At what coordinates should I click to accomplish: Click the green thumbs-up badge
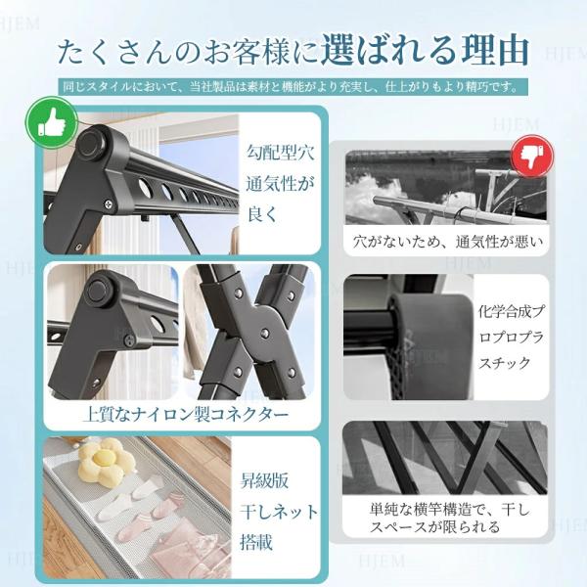click(52, 122)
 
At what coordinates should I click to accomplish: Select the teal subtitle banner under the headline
click(293, 87)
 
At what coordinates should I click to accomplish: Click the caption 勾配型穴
click(280, 152)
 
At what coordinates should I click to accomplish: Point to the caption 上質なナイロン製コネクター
click(186, 415)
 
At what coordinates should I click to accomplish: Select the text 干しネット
click(279, 512)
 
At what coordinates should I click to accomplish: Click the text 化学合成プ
click(512, 311)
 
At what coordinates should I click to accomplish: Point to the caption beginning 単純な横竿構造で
click(450, 519)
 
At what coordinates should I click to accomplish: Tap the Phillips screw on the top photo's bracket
click(109, 204)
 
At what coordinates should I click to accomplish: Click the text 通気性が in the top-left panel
click(280, 184)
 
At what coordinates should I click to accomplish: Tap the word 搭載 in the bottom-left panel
click(256, 542)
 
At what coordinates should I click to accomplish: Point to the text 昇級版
click(264, 481)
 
